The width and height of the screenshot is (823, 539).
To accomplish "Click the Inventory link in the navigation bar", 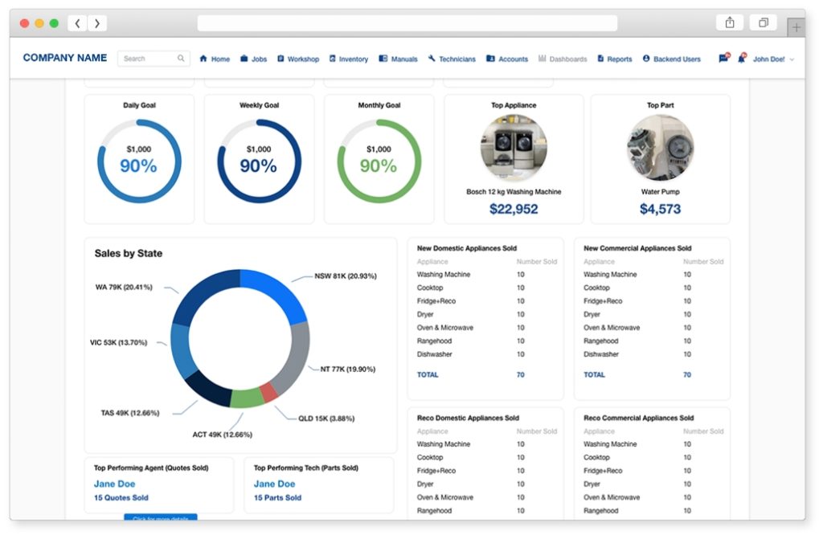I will tap(349, 59).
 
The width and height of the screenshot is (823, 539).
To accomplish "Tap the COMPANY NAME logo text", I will tap(65, 58).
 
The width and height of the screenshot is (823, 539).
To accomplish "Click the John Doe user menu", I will tap(768, 59).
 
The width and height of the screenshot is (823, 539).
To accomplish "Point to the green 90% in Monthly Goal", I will tap(378, 166).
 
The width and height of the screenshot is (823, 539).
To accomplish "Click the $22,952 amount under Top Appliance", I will tap(514, 209).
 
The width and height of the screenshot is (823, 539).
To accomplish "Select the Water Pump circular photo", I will tap(660, 148).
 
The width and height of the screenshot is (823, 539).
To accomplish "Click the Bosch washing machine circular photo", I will tap(514, 148).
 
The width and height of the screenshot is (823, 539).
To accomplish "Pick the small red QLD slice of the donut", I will tap(269, 392).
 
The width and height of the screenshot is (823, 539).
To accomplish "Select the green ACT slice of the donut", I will tap(247, 398).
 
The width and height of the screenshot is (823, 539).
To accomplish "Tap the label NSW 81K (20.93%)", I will tap(346, 276).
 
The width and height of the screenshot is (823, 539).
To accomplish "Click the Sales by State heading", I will tap(129, 253).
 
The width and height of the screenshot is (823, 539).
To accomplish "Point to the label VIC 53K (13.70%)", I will tap(119, 342).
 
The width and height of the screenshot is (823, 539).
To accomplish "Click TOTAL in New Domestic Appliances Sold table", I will tap(428, 374).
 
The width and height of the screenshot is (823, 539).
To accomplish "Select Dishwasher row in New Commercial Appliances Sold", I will tap(600, 354).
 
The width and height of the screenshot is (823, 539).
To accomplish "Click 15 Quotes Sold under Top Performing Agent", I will tap(121, 497).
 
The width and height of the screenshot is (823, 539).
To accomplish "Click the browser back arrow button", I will tap(77, 23).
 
